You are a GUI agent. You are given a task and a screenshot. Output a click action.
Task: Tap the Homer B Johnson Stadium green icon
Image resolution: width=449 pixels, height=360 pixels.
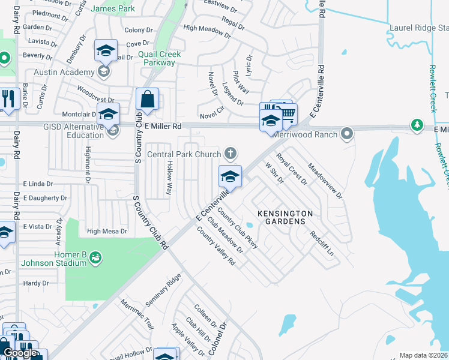95,257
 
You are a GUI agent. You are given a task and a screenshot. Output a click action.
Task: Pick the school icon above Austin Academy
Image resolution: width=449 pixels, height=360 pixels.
106,52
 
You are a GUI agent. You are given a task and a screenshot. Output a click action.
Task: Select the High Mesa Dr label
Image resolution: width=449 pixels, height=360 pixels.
107,231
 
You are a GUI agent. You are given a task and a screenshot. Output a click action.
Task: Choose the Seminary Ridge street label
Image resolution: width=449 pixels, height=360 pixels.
165,291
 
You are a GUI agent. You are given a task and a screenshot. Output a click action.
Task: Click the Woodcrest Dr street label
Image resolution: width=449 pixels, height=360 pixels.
95,95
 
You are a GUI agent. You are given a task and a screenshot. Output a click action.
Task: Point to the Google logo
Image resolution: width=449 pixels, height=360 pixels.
20,353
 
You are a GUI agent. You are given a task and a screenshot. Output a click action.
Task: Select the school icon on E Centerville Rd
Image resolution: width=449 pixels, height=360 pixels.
230,176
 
